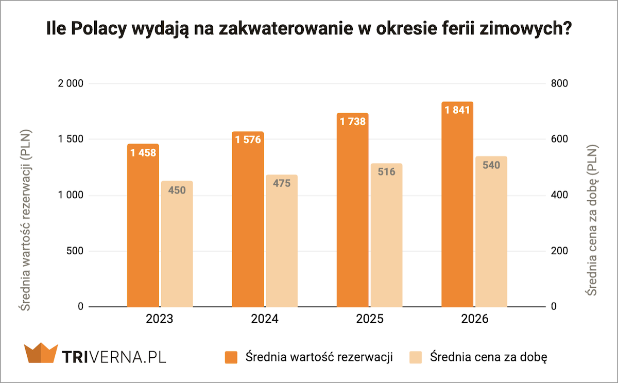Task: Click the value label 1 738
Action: click(353, 121)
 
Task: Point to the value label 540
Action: click(491, 165)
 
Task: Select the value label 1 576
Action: click(248, 140)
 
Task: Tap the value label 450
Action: click(177, 190)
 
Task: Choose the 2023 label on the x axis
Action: click(160, 319)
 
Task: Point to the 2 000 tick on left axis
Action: click(71, 83)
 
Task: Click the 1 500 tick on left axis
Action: click(71, 139)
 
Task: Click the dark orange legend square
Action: click(231, 357)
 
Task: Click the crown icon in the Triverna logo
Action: click(40, 354)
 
